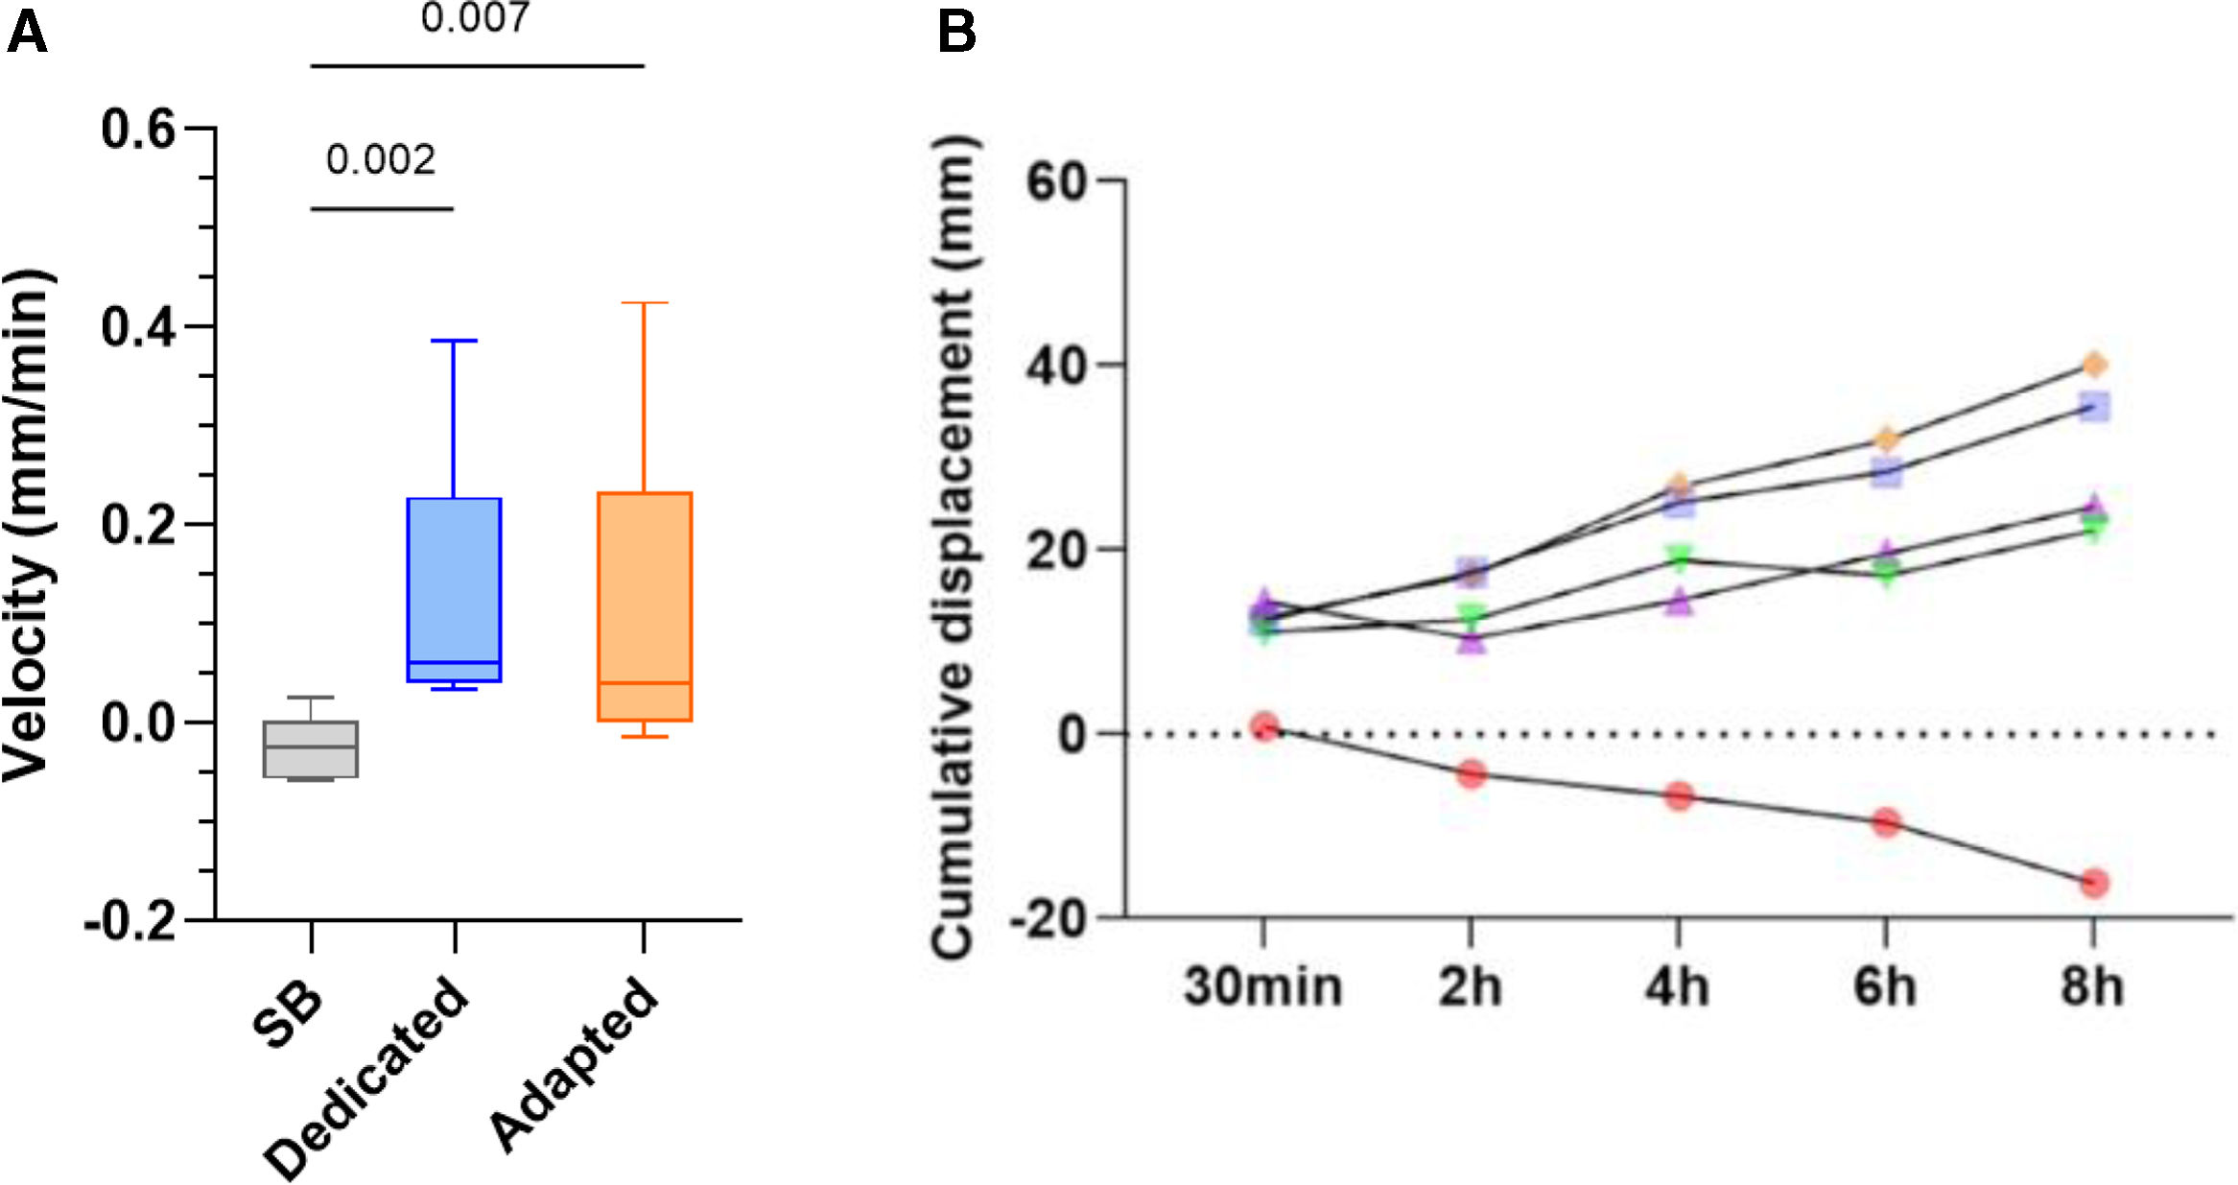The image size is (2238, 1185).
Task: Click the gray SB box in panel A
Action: point(311,748)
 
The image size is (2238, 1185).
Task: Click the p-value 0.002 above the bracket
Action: point(381,159)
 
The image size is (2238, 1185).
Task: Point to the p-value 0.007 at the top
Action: point(476,18)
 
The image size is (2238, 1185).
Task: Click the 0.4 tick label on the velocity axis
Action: point(139,327)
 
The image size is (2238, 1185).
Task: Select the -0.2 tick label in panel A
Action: point(130,922)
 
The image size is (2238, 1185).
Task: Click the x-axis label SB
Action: point(287,1015)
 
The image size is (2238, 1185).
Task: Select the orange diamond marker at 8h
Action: point(2094,365)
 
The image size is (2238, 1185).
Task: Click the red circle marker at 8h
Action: point(2094,883)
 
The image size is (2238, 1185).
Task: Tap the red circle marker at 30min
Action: point(1264,726)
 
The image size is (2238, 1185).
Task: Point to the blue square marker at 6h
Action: point(1886,472)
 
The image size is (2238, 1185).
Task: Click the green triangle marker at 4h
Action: point(1679,557)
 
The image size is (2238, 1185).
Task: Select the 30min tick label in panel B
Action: point(1262,986)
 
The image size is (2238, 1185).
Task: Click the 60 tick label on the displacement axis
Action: point(1057,181)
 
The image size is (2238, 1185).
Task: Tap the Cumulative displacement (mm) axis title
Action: point(954,547)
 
